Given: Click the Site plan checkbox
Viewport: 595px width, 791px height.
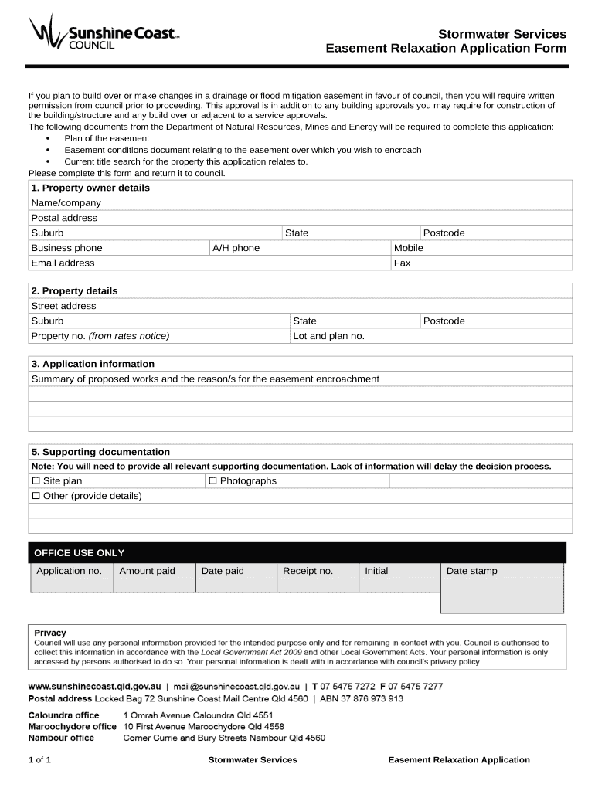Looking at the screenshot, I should pos(36,481).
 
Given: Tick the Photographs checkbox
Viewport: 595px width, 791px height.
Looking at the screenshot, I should pos(212,481).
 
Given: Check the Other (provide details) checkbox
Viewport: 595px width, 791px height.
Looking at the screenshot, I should pos(36,496).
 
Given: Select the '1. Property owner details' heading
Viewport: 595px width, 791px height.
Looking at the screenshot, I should pos(90,188).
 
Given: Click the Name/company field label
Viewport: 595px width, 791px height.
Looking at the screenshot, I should pos(66,203).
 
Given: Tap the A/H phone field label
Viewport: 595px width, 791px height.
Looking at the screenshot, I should pos(236,248).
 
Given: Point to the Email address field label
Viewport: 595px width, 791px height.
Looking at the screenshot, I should pos(63,263).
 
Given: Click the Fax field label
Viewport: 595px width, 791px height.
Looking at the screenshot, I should pos(402,263).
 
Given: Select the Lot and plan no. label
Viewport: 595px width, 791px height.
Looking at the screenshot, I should pos(328,336).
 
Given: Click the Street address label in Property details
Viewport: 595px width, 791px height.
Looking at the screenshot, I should pos(63,306).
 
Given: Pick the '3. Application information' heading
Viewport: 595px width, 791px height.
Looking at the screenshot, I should pos(92,364).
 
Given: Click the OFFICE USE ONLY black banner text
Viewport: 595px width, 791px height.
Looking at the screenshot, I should pos(79,553).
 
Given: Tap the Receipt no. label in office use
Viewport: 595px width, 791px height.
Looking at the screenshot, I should pos(308,571).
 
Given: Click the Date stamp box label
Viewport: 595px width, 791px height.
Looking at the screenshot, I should pos(471,572).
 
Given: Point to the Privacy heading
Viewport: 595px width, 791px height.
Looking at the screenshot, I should pos(50,633).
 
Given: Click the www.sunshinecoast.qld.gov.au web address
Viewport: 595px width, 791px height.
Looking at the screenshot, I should pos(94,686).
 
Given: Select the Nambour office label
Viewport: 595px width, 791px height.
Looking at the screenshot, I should pos(61,738).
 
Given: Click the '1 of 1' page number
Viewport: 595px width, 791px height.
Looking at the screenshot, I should pos(39,760).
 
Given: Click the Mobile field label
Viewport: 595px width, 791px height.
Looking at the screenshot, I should pos(408,248).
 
